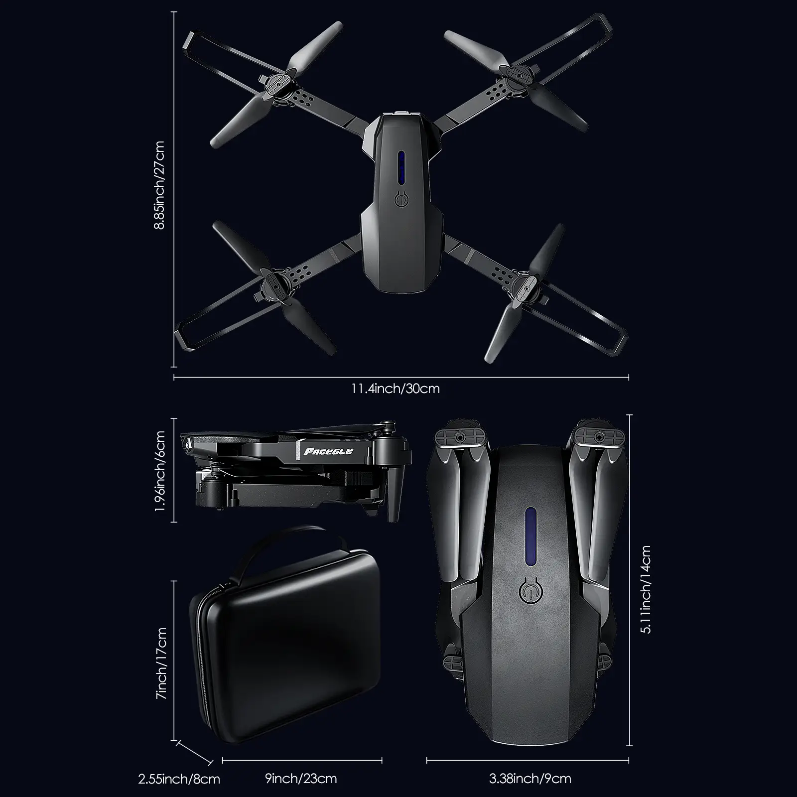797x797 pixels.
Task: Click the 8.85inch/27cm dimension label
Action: click(x=159, y=185)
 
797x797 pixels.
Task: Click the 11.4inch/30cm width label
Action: click(x=396, y=388)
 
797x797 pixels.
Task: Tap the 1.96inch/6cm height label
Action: click(x=159, y=471)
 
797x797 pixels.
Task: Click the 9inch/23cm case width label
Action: click(x=301, y=778)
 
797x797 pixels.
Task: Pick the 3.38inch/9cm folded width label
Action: click(x=530, y=778)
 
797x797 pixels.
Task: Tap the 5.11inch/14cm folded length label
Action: click(x=646, y=590)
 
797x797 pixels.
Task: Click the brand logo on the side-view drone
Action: click(x=328, y=451)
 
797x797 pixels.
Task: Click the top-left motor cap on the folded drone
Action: click(x=460, y=436)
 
